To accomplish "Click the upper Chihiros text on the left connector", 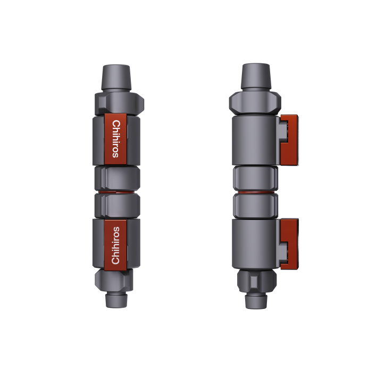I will tap(116, 138).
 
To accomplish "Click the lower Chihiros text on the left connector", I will tap(116, 244).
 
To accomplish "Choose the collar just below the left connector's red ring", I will tap(116, 203).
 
